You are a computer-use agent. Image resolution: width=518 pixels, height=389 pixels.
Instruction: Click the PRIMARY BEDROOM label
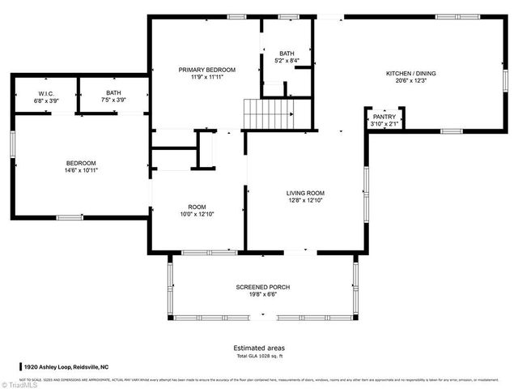(x=207, y=71)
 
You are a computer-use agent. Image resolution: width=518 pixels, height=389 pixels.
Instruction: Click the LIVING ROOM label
(x=306, y=193)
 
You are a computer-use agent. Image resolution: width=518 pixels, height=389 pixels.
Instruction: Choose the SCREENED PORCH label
(x=263, y=288)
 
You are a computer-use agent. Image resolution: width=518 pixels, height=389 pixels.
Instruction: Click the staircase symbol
(x=266, y=113)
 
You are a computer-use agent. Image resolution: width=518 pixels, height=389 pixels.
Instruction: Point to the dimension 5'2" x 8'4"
(x=287, y=61)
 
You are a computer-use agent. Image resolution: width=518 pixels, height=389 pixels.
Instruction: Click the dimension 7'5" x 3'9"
(x=113, y=100)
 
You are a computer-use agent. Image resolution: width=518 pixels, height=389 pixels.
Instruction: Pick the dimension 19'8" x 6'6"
(x=263, y=295)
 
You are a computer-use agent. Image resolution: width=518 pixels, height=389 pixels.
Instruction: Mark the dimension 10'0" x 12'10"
(x=197, y=214)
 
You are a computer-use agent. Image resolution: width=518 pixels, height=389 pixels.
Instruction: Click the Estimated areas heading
(x=259, y=348)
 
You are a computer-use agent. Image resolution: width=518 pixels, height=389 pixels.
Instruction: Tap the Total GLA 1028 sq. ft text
(x=259, y=356)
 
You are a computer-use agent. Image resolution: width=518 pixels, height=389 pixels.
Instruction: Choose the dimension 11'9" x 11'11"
(x=207, y=78)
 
